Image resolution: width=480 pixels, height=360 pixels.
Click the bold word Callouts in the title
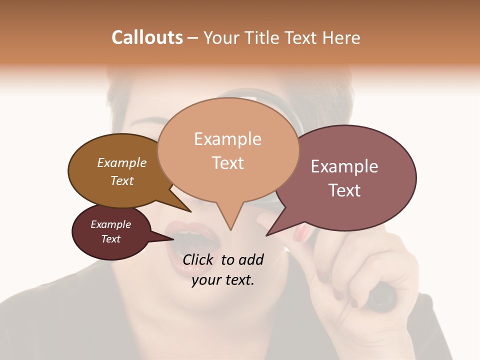(x=147, y=37)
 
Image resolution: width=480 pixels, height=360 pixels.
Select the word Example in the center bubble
(x=227, y=139)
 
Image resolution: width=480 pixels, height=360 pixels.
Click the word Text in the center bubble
(x=227, y=163)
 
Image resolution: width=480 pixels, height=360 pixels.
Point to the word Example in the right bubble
(x=344, y=166)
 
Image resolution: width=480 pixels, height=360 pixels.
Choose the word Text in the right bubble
(x=344, y=190)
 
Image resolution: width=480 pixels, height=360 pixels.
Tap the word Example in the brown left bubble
(x=121, y=162)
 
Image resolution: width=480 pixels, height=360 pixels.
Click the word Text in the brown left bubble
(x=121, y=180)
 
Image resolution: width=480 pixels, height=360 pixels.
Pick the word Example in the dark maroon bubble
(x=110, y=224)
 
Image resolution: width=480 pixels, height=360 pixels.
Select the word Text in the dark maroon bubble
(x=110, y=239)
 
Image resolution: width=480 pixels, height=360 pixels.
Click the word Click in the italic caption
(x=199, y=259)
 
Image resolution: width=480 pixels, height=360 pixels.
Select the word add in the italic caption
(x=250, y=259)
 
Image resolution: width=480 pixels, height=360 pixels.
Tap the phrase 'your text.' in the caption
(x=222, y=280)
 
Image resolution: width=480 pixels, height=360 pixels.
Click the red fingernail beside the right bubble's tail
(x=301, y=232)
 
